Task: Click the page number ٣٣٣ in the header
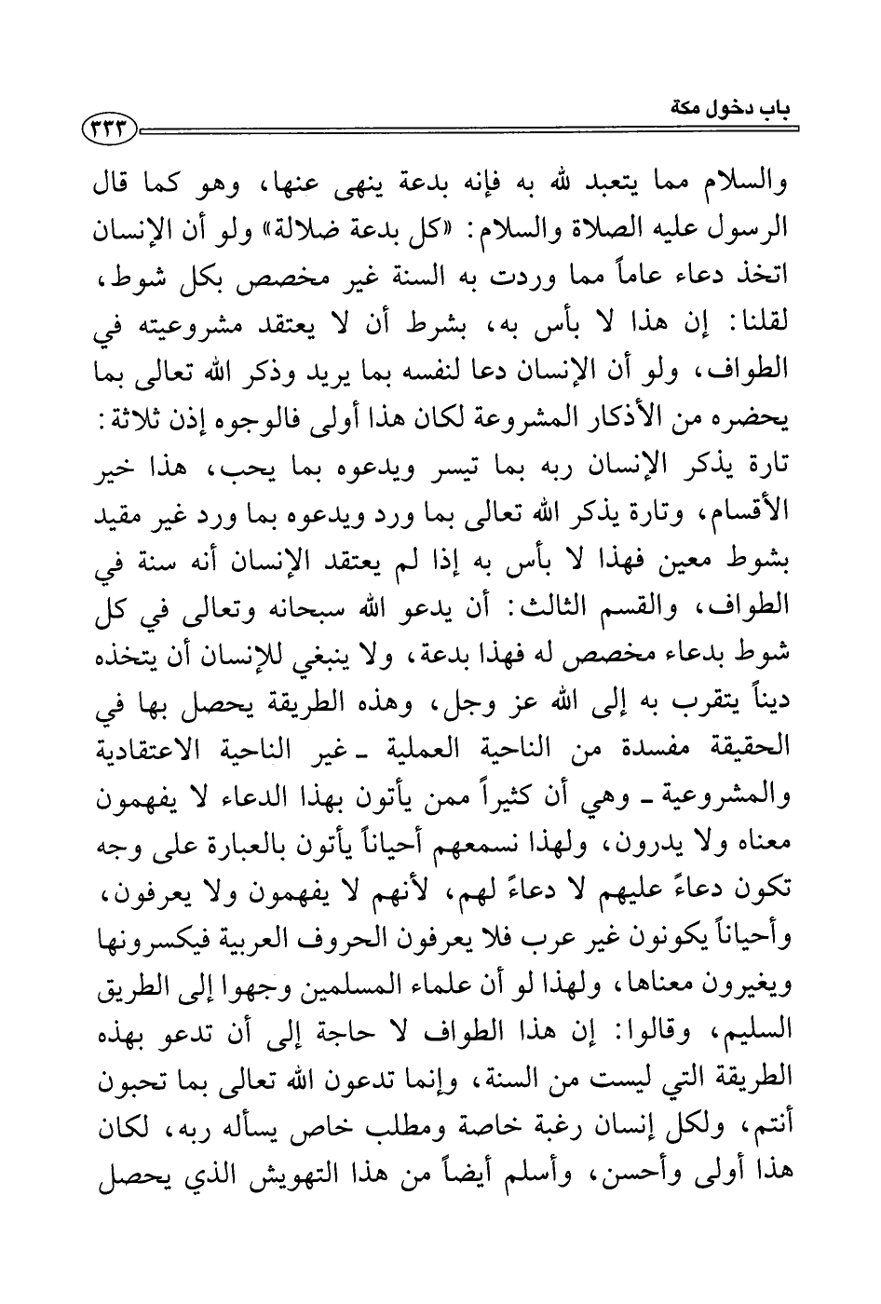(x=111, y=129)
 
